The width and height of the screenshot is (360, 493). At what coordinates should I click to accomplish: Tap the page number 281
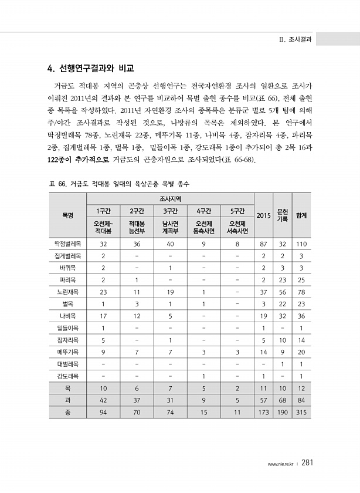311,462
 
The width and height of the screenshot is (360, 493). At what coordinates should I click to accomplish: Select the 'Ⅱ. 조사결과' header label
296,39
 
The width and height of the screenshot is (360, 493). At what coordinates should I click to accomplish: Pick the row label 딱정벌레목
68,243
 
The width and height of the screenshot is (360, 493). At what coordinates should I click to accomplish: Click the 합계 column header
301,215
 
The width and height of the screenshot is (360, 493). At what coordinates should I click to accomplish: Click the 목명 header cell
68,215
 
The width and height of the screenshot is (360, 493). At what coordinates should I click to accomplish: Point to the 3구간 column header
171,211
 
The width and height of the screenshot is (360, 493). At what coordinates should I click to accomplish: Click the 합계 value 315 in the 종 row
301,413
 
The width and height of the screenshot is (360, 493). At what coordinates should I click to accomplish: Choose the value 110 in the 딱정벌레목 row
301,243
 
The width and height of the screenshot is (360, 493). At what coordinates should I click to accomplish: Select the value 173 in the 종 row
264,413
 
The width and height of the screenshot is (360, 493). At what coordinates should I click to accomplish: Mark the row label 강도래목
68,376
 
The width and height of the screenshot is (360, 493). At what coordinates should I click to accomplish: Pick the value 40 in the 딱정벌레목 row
171,243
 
